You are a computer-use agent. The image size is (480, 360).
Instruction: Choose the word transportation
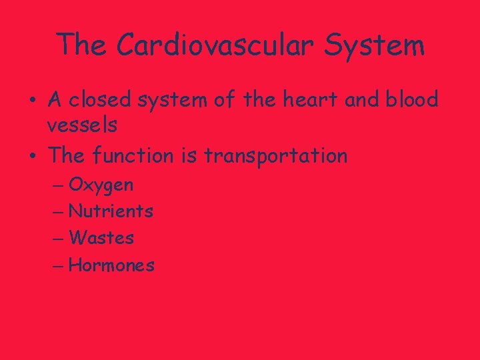(275, 157)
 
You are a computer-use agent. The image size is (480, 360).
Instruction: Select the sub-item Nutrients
(111, 212)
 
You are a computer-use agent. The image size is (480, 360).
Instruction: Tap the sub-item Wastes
(101, 238)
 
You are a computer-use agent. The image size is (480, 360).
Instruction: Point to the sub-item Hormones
(111, 265)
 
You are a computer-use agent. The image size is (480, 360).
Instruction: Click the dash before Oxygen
(58, 185)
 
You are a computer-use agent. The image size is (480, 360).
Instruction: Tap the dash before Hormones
(58, 266)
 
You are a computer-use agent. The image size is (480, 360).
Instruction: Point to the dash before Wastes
(58, 239)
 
